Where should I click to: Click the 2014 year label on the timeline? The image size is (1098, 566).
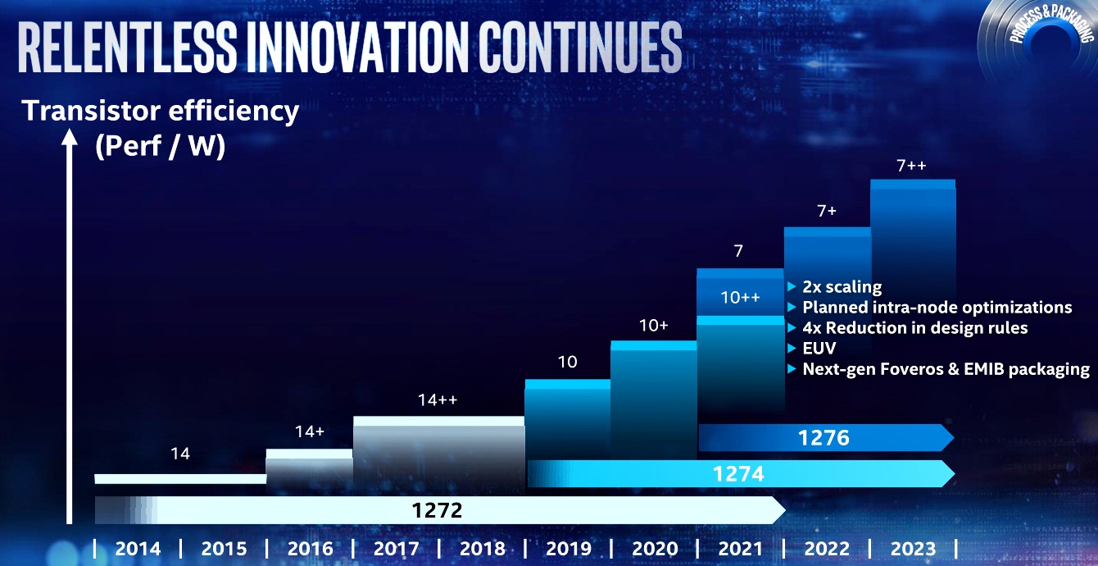tap(138, 549)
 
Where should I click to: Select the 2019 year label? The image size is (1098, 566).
tap(568, 549)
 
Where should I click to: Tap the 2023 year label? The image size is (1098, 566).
tap(912, 549)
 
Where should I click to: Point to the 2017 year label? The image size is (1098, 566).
tap(396, 549)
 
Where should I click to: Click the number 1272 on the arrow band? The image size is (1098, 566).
tap(437, 510)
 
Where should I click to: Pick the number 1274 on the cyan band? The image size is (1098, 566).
tap(738, 473)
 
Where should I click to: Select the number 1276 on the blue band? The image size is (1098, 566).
tap(823, 438)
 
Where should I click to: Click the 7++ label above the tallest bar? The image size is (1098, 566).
tap(911, 166)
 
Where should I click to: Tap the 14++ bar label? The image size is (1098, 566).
tap(437, 400)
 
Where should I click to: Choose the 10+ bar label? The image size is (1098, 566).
tap(653, 326)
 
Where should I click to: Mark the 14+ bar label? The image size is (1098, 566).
tap(309, 432)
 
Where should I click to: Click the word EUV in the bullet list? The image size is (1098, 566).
tap(819, 349)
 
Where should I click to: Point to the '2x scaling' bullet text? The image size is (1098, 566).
tap(842, 287)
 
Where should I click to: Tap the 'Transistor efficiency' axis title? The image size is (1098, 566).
tap(161, 111)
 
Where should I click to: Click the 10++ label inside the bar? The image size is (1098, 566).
tap(740, 298)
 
